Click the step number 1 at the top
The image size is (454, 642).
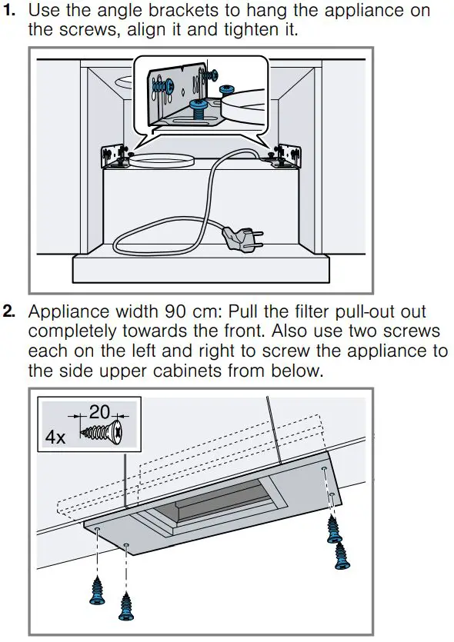click(10, 12)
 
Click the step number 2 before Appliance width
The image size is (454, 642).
click(10, 313)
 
